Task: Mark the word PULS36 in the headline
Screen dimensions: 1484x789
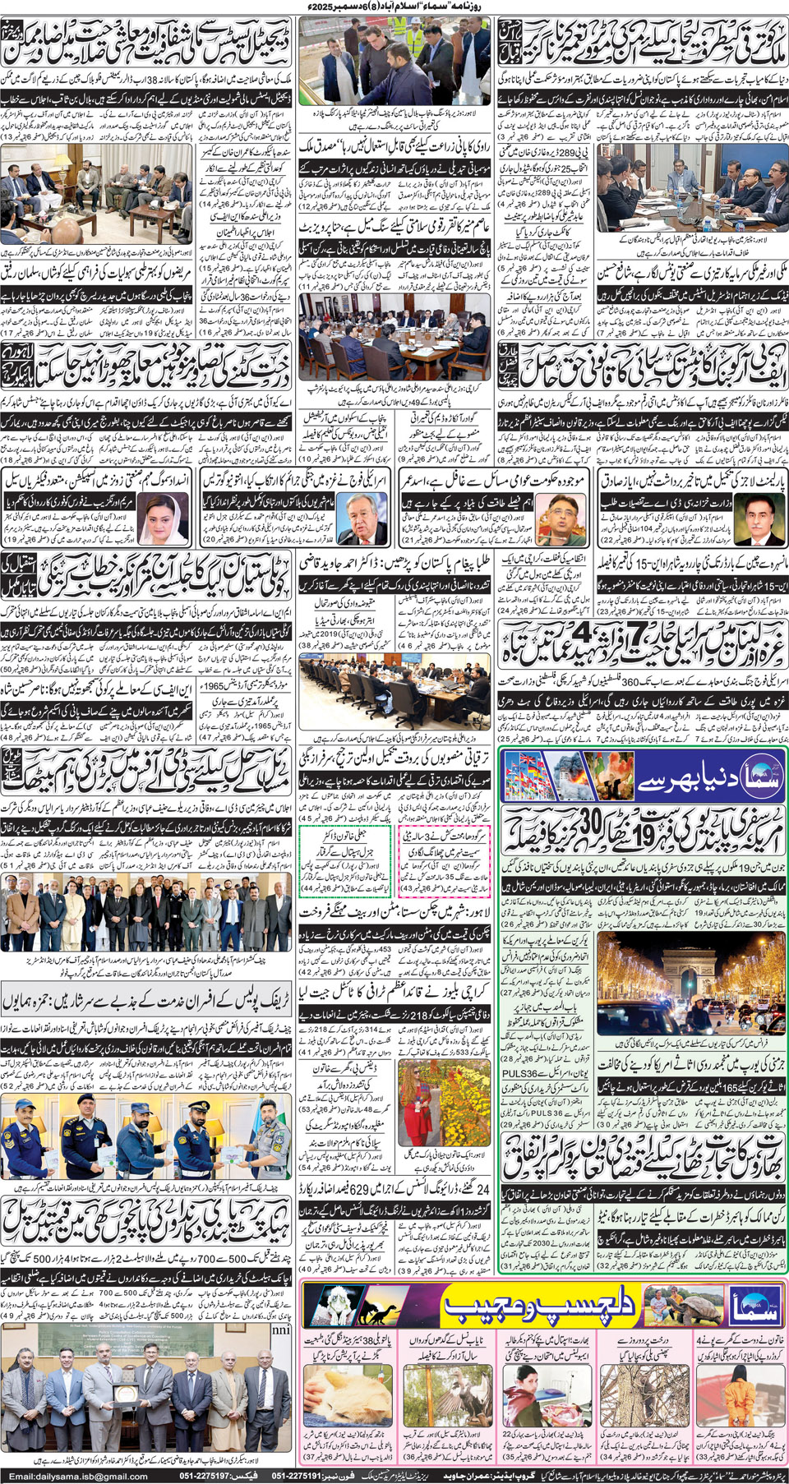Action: tap(519, 1073)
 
